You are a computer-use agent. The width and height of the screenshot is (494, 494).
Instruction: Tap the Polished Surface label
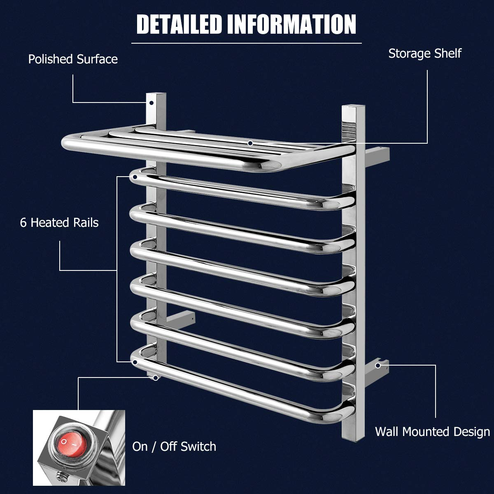pyautogui.click(x=73, y=59)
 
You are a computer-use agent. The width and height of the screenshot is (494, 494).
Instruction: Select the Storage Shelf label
pyautogui.click(x=425, y=54)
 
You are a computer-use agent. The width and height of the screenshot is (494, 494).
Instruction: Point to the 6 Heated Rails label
pyautogui.click(x=59, y=223)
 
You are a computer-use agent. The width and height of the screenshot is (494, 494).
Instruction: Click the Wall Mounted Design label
pyautogui.click(x=432, y=432)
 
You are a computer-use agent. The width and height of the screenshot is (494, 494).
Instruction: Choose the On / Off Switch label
pyautogui.click(x=174, y=447)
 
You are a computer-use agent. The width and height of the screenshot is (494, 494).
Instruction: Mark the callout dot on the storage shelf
pyautogui.click(x=250, y=143)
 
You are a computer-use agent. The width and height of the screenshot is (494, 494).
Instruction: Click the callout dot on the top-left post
pyautogui.click(x=152, y=103)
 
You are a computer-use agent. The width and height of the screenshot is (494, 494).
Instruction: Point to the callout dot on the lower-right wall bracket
pyautogui.click(x=378, y=365)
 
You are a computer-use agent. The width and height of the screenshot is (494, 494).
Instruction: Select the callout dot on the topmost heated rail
pyautogui.click(x=135, y=177)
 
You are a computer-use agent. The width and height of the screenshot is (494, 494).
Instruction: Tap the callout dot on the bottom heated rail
pyautogui.click(x=135, y=362)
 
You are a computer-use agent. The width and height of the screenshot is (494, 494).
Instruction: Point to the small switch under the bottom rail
pyautogui.click(x=155, y=377)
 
